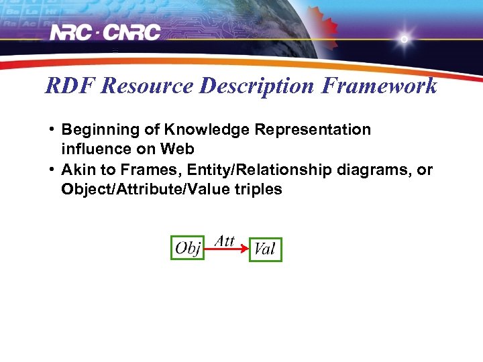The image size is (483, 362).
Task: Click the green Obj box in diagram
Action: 187,248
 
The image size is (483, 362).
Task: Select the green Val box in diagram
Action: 265,249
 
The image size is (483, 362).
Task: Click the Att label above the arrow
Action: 225,240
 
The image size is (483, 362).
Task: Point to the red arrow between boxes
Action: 226,249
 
